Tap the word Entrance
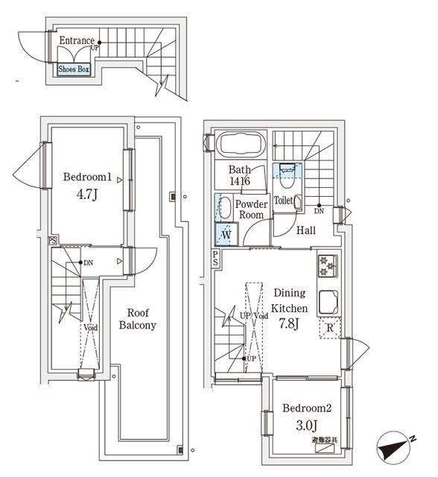point(76,41)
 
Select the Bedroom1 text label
point(87,177)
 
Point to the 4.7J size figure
point(86,198)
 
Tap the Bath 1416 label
point(239,175)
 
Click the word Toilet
point(283,200)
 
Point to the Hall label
point(306,231)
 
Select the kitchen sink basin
point(328,301)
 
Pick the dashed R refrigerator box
point(329,328)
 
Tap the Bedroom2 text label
point(306,408)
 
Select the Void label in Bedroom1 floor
point(89,327)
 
